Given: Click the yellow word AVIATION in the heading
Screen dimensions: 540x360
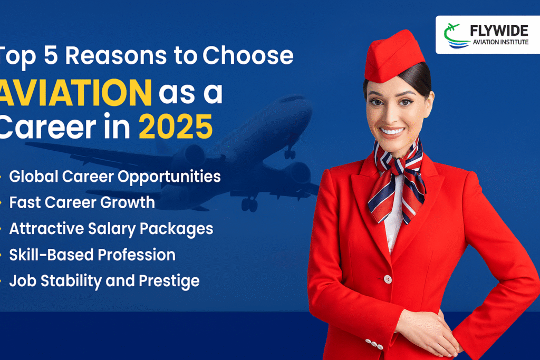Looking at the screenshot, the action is point(75,93).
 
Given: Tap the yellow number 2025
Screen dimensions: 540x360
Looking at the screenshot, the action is point(176,127).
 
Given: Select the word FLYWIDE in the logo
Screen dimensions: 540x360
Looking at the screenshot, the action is point(499,31).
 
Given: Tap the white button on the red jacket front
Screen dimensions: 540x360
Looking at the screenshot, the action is point(388,279).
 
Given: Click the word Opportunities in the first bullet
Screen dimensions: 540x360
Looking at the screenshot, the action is point(169,177).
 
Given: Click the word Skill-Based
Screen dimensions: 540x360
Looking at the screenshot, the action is point(51,255).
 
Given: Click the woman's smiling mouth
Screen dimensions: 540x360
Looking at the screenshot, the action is point(392,132).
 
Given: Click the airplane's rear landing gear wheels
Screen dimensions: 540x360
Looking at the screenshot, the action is point(249,205).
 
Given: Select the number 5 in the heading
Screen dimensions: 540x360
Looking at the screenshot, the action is point(51,55).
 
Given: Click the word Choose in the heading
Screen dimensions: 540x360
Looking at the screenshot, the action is point(248,55).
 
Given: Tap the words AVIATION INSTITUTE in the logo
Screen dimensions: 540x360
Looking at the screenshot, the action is point(500,42).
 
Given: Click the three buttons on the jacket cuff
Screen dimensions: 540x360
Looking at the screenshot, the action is point(374,344).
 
